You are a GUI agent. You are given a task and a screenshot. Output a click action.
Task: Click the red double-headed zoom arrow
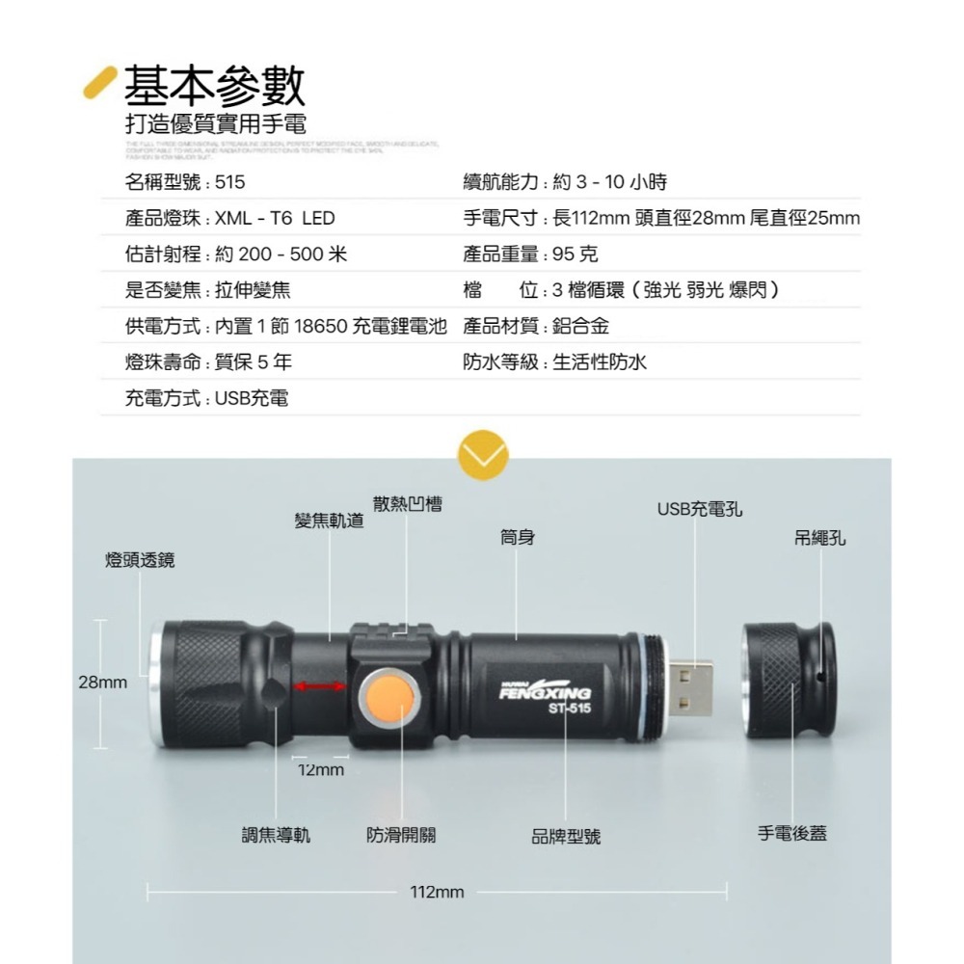pos(320,685)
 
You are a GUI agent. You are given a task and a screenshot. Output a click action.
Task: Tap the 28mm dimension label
pos(102,683)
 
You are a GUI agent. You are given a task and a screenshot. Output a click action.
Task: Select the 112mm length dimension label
pos(437,893)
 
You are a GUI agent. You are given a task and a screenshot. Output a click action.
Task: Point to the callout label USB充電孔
pos(700,509)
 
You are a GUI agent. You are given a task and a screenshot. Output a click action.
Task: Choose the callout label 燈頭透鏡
pos(140,560)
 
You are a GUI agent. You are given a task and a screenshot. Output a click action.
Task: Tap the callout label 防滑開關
pos(401,835)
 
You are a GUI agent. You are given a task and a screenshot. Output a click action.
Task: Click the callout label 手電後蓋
pos(792,833)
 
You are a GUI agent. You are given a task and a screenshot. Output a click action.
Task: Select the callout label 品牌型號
pos(566,837)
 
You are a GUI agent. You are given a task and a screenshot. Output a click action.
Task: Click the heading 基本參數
pos(215,86)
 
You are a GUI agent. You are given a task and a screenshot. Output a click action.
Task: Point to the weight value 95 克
pos(576,254)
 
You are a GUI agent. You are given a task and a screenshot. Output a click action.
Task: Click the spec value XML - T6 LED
pos(275,219)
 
